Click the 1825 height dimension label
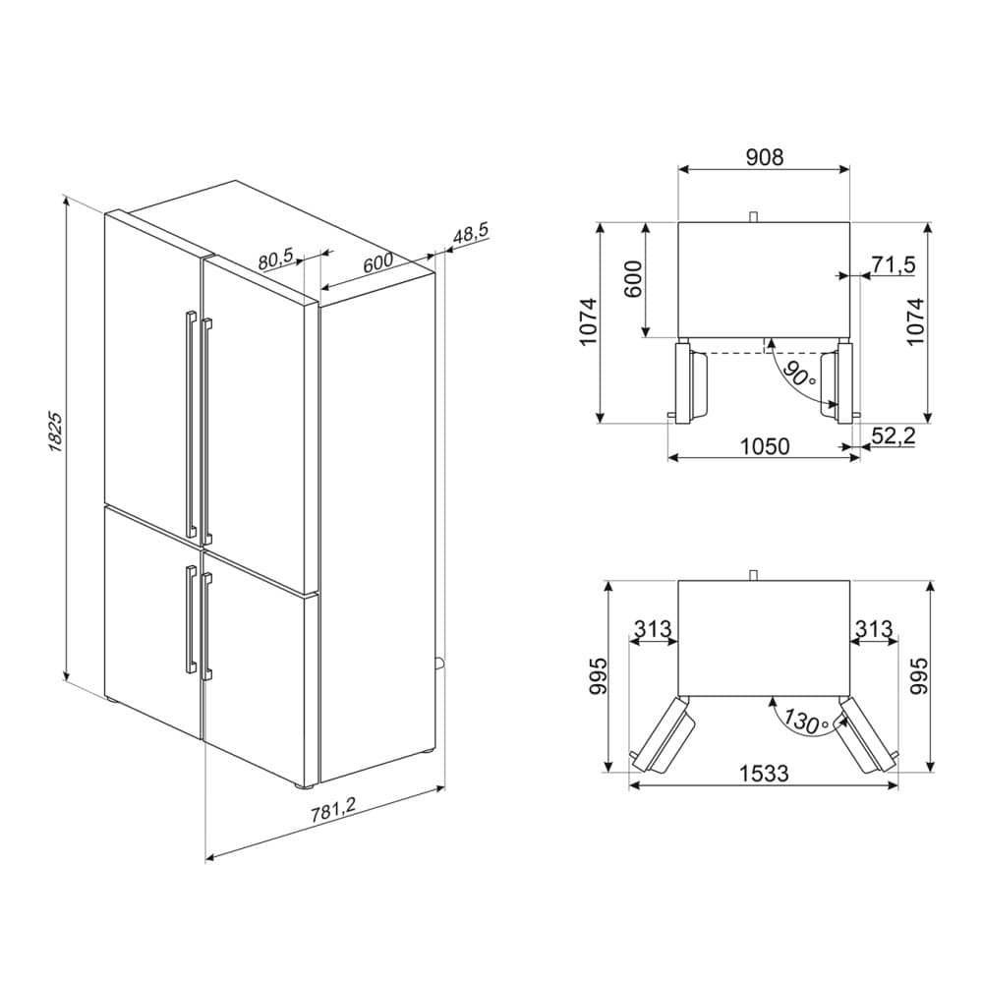coord(56,433)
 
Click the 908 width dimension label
coord(764,156)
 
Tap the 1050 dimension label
coord(764,447)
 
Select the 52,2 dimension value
coord(894,435)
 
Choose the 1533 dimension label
coord(764,774)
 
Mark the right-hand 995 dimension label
coord(917,676)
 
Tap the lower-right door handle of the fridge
coord(205,626)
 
